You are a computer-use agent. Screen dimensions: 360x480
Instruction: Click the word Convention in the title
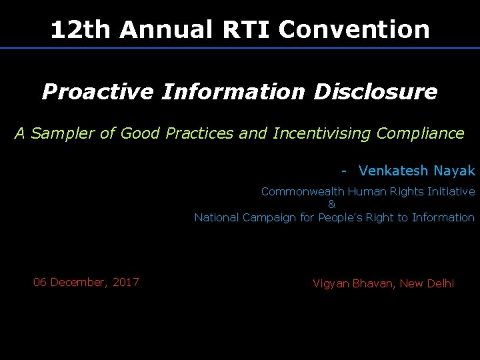(x=355, y=29)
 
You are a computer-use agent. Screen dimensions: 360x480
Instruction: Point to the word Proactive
(x=97, y=92)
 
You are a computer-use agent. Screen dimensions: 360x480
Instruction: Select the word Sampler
(x=64, y=133)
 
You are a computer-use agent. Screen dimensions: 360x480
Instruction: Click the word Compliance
(x=420, y=133)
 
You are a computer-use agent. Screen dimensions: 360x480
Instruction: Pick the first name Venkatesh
(x=393, y=171)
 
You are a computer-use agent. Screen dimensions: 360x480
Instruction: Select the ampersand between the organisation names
(x=332, y=204)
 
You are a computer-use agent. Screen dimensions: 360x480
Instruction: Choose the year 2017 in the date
(x=126, y=282)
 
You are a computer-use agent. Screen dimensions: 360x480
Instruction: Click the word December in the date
(x=79, y=282)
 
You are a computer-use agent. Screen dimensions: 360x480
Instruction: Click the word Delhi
(x=440, y=283)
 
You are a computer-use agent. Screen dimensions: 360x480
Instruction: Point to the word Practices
(x=200, y=133)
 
